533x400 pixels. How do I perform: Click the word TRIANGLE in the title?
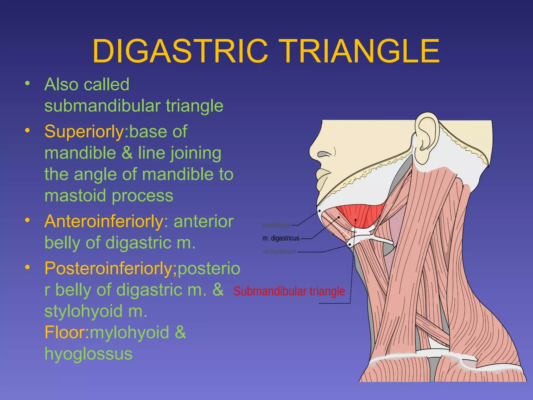click(361, 51)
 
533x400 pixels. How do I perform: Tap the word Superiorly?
click(84, 132)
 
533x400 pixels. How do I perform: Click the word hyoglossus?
click(88, 354)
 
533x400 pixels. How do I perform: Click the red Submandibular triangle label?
click(289, 291)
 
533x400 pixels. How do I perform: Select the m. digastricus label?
click(281, 238)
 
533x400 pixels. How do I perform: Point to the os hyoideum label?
click(279, 252)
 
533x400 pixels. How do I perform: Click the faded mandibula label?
click(276, 225)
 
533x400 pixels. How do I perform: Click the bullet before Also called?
click(28, 84)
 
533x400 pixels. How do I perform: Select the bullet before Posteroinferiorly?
click(28, 267)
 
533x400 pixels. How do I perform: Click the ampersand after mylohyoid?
click(180, 332)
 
